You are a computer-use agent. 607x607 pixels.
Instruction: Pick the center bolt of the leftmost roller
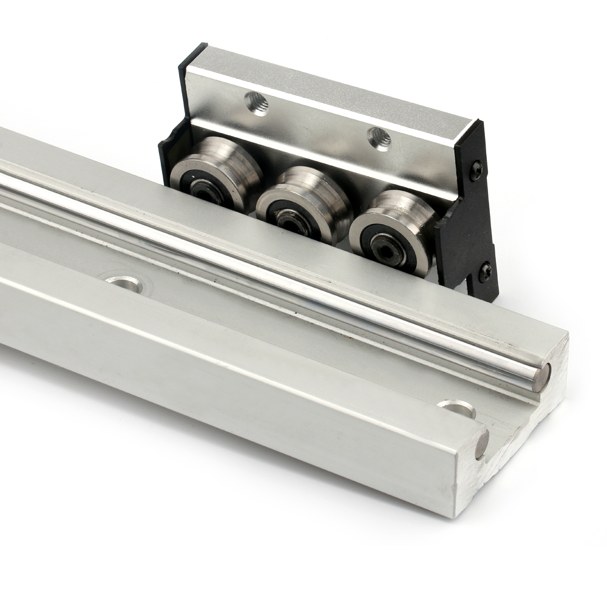[204, 188]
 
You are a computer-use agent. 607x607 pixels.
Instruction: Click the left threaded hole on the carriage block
[257, 103]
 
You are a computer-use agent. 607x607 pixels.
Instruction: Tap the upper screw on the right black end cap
[476, 171]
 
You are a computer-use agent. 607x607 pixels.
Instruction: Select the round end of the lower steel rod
[481, 444]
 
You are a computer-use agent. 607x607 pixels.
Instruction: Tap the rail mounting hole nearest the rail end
[456, 409]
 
